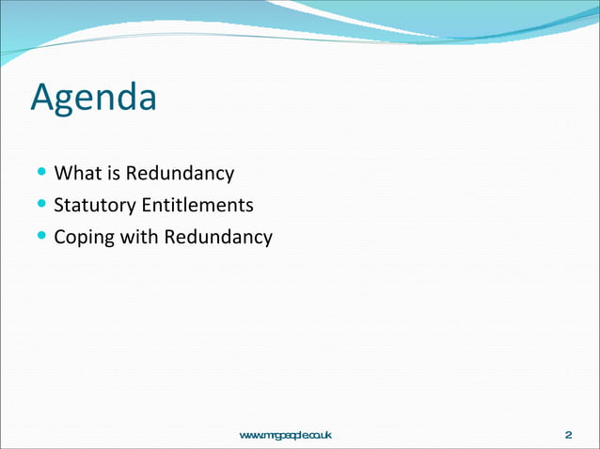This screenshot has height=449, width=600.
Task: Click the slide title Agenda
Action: click(x=93, y=99)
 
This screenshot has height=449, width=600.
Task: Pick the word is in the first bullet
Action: click(x=112, y=174)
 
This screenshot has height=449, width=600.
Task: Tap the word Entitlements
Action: click(x=197, y=205)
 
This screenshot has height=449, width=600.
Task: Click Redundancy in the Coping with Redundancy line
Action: click(x=218, y=237)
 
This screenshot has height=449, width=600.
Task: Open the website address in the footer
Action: click(x=286, y=435)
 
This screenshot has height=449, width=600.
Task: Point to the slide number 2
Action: click(x=568, y=435)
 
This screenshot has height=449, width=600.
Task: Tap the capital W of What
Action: click(x=63, y=174)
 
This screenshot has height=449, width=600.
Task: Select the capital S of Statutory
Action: click(x=59, y=205)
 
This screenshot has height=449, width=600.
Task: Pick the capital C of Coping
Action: click(x=60, y=237)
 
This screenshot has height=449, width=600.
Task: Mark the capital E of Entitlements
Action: click(x=146, y=205)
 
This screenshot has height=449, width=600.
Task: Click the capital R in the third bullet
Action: click(x=170, y=237)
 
